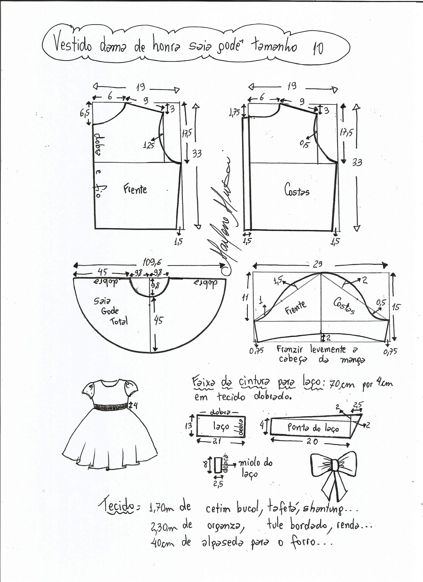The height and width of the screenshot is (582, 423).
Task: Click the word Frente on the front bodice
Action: click(135, 189)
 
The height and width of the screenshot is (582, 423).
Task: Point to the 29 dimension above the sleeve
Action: click(317, 264)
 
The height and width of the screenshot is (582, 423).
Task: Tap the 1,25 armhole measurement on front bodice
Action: click(149, 146)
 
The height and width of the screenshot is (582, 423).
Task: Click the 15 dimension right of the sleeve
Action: click(396, 307)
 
